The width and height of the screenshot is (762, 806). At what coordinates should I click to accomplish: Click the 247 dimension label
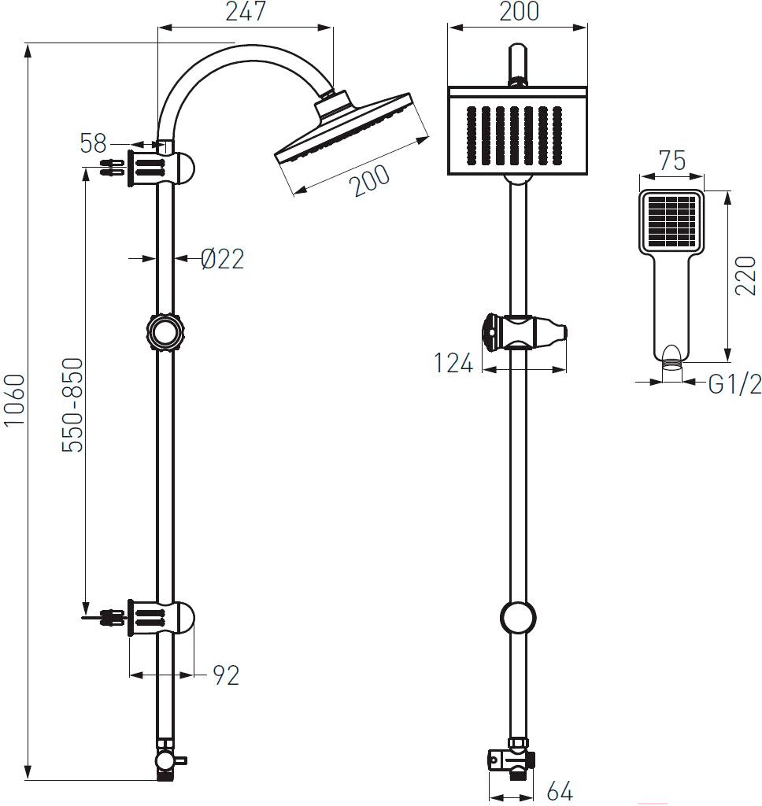click(x=246, y=11)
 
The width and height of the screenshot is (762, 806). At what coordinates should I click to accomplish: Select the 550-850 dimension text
click(x=72, y=405)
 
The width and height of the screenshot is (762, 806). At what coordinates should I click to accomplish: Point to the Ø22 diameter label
click(x=223, y=258)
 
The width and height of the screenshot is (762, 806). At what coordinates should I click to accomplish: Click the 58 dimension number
click(x=93, y=143)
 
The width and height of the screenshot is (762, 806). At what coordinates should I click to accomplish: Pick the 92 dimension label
click(x=226, y=675)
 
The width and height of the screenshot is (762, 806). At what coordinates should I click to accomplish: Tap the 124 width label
click(x=453, y=363)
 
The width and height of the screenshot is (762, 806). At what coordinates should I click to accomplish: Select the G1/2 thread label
click(x=734, y=384)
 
